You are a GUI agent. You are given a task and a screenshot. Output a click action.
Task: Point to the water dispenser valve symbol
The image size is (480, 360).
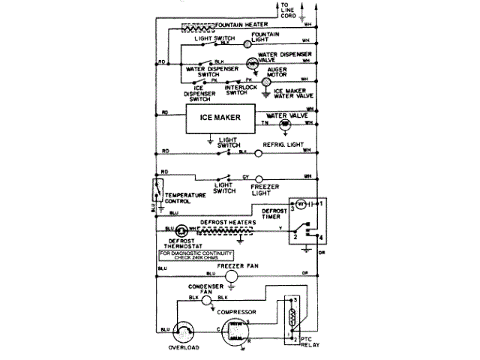tap(253, 61)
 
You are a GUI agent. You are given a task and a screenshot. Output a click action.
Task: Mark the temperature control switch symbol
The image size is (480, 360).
tap(159, 188)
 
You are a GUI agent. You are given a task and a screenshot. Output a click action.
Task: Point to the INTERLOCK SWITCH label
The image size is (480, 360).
tap(241, 91)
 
